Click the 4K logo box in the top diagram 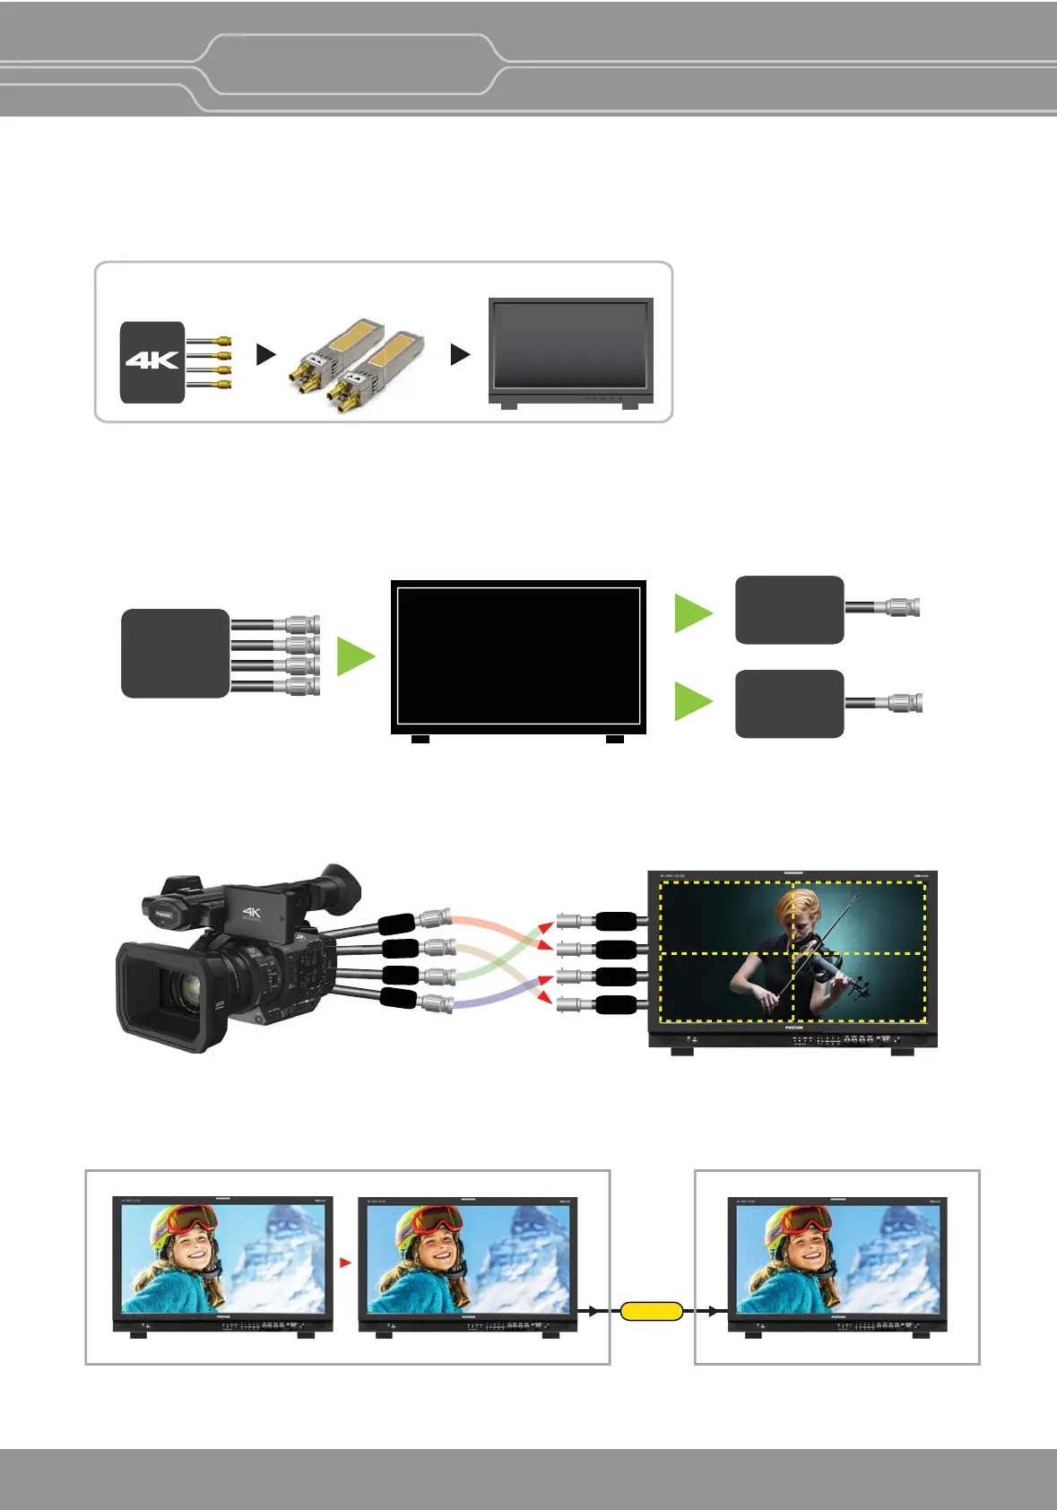[x=152, y=361]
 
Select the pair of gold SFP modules [x=357, y=364]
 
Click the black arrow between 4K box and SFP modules [x=265, y=354]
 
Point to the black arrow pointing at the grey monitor [x=459, y=354]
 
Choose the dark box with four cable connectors [x=176, y=654]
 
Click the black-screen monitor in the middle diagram [x=518, y=656]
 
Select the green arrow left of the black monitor [x=354, y=656]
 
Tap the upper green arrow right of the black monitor [x=692, y=613]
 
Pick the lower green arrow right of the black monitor [x=692, y=701]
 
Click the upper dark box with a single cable [x=789, y=610]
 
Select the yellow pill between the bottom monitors [x=652, y=1311]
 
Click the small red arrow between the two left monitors [x=345, y=1263]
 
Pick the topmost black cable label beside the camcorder [x=396, y=924]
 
